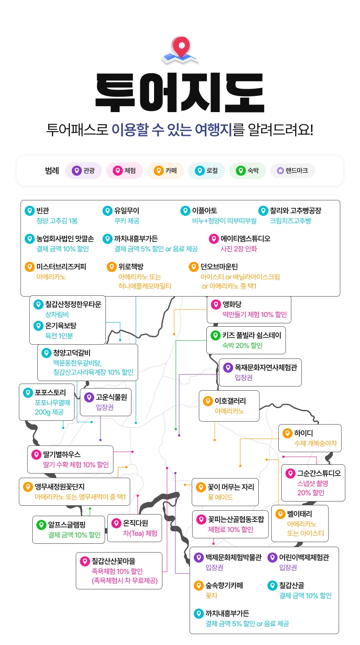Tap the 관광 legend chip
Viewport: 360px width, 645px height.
(x=83, y=171)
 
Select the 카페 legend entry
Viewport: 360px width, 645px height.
(x=165, y=171)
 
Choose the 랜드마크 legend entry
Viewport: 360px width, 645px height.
(x=292, y=171)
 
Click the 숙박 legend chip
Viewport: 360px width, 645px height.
(x=247, y=171)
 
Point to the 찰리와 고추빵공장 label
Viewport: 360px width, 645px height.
(x=296, y=210)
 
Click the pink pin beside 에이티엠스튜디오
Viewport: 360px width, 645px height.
(x=213, y=239)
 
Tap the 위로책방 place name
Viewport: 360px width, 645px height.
(x=131, y=266)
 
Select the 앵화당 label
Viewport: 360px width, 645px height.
(x=232, y=304)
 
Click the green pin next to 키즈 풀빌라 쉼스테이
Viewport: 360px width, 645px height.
(x=215, y=335)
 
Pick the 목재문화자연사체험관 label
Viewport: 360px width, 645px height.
(x=266, y=367)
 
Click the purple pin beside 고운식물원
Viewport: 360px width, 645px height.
(x=89, y=397)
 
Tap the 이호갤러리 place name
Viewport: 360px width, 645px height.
(x=230, y=401)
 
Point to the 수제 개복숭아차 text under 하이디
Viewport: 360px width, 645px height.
(x=315, y=443)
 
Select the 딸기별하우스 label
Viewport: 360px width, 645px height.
(x=62, y=454)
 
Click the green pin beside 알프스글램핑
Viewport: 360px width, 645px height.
(x=41, y=525)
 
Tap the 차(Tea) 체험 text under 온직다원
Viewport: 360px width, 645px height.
(x=140, y=533)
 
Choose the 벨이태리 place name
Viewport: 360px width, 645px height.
(x=299, y=514)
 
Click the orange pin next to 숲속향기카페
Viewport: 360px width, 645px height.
(x=198, y=586)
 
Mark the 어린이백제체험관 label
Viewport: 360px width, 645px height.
(x=304, y=558)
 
